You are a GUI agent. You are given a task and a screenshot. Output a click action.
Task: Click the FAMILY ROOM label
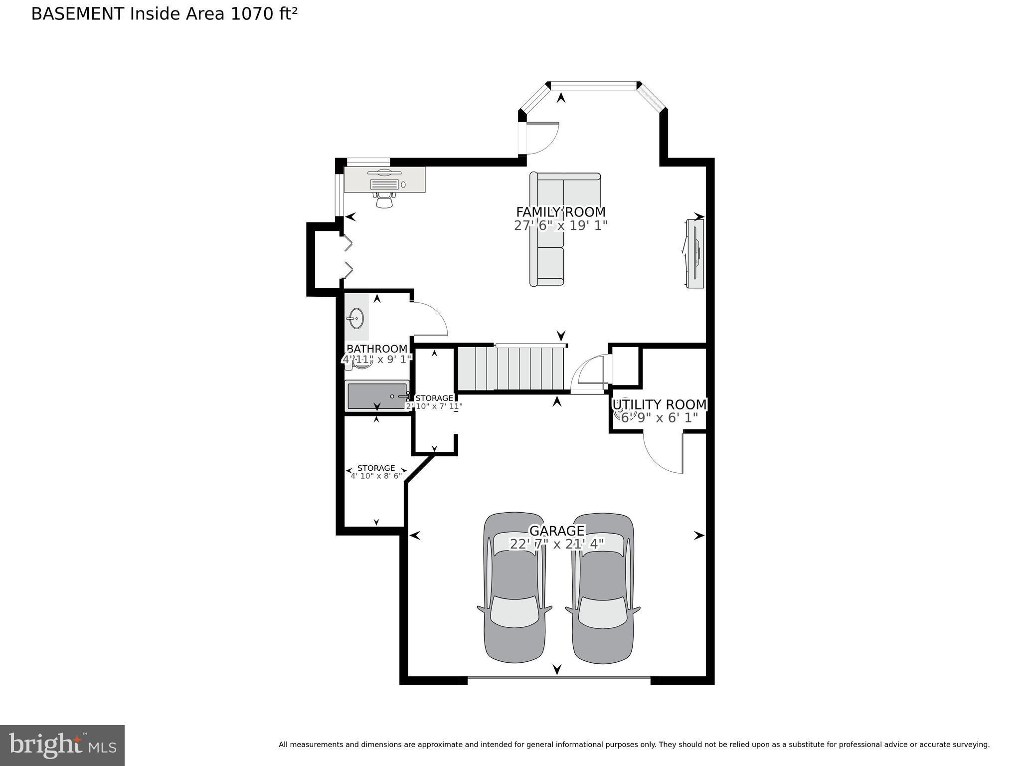click(560, 212)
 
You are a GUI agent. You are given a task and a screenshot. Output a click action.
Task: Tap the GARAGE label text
click(556, 531)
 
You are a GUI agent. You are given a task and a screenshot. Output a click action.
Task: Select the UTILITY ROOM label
click(659, 404)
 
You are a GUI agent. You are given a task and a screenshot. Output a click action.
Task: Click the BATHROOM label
click(377, 349)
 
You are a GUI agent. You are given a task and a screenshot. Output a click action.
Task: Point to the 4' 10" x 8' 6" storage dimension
click(376, 476)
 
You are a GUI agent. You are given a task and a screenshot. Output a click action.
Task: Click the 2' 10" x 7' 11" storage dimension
click(434, 406)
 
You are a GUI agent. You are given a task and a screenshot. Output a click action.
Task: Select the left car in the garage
click(514, 588)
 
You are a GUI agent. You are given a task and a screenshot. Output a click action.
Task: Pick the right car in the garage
click(603, 588)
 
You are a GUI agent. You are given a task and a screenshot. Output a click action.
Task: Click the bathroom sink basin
click(355, 318)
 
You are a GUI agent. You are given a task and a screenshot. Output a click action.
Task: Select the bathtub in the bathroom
click(376, 396)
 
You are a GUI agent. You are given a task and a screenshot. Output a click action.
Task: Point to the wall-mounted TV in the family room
click(694, 253)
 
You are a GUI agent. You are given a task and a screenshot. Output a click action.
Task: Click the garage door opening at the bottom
click(558, 678)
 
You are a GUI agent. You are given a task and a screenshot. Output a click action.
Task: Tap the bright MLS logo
click(62, 745)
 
